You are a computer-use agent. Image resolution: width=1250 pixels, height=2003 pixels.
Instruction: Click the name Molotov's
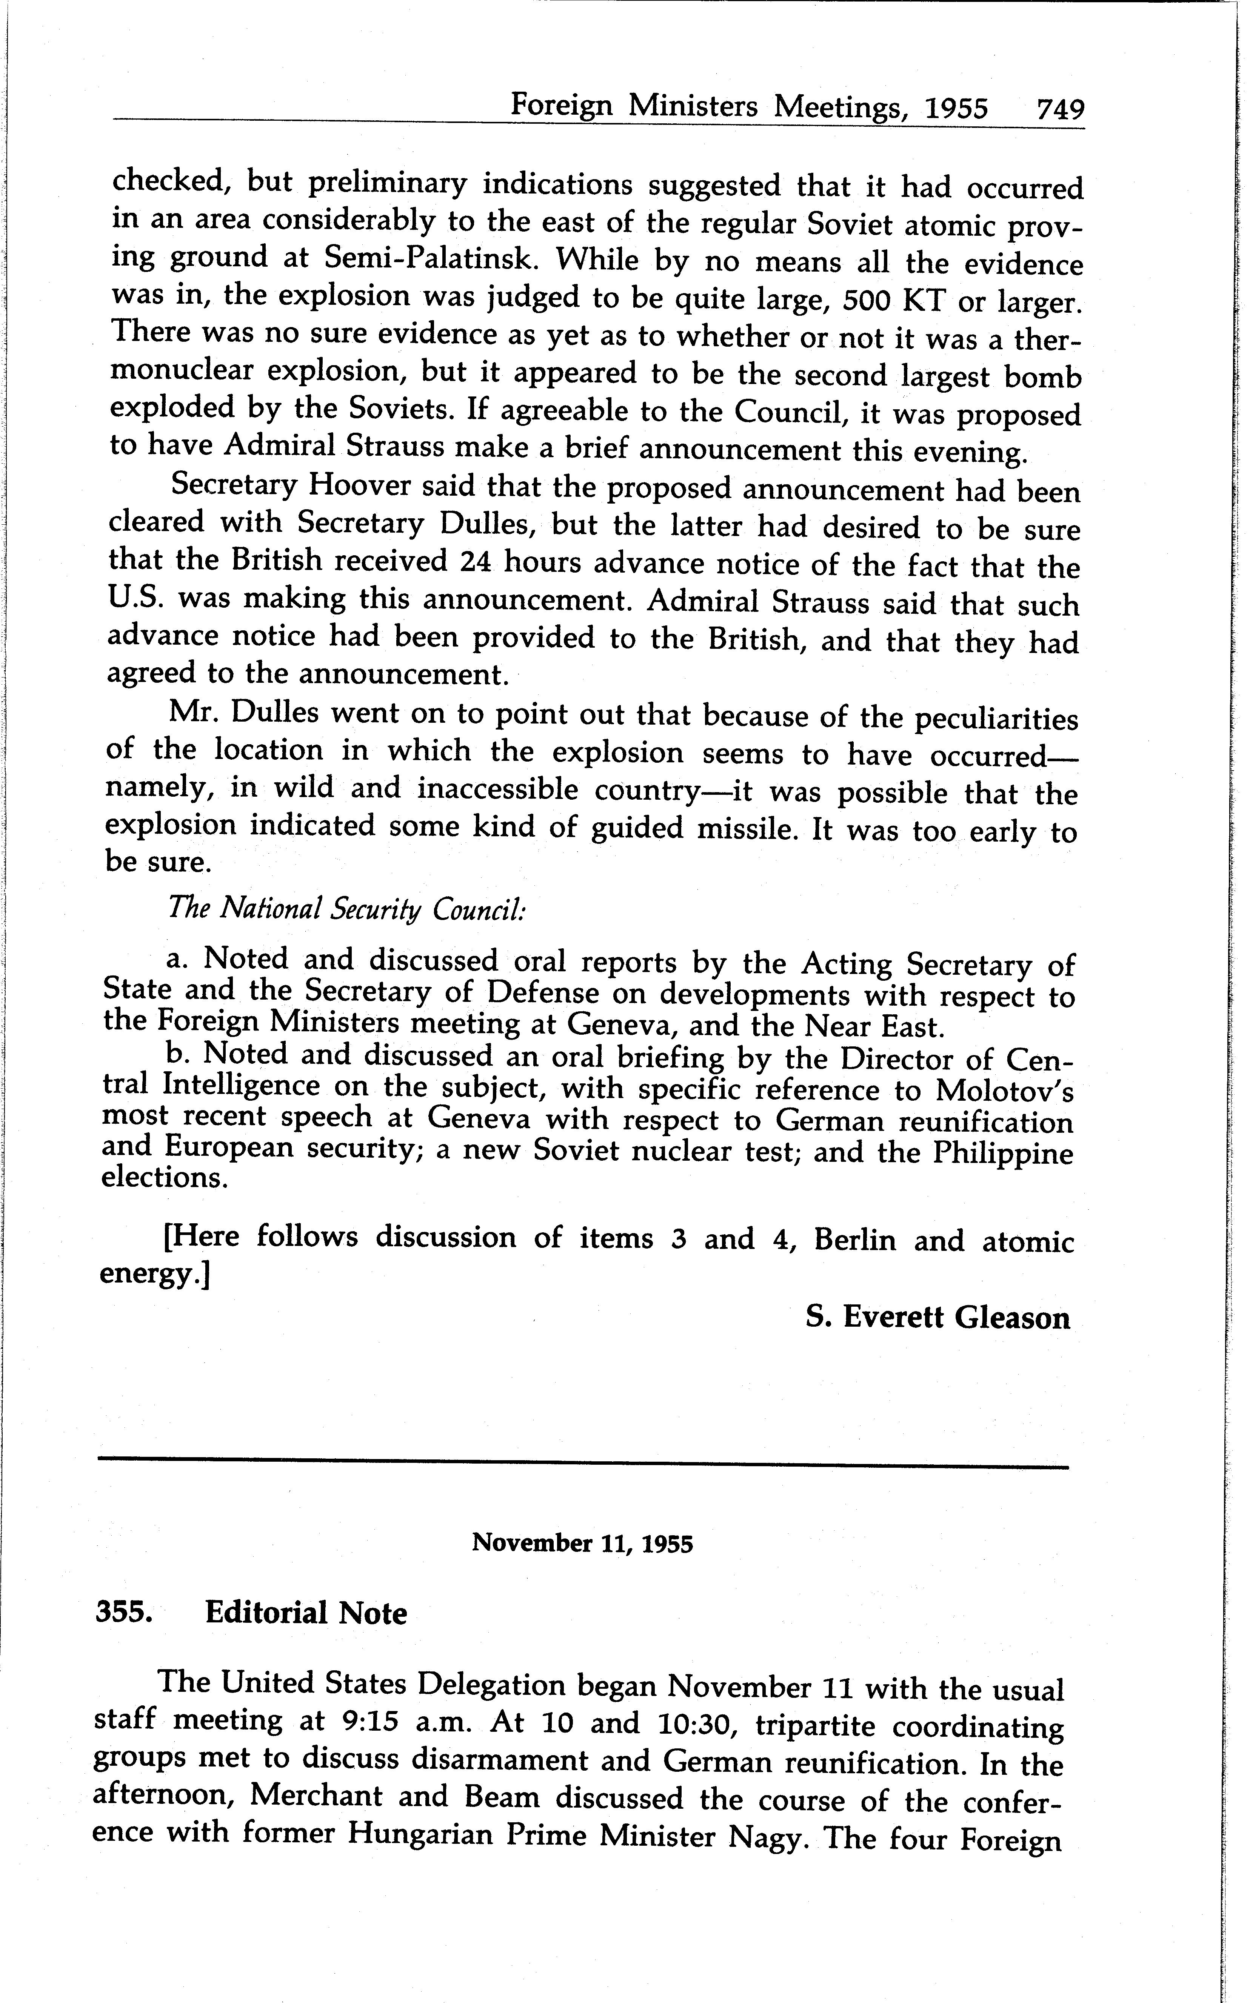[1004, 1091]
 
